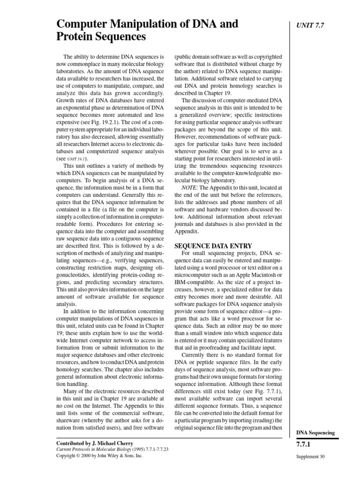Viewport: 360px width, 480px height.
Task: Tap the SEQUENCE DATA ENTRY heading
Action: pos(213,246)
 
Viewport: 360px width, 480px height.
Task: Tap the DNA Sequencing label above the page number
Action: pos(316,433)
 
